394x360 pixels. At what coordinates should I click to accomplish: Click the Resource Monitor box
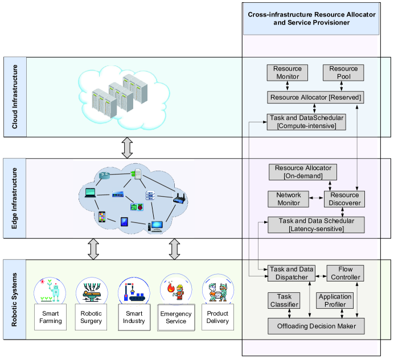coord(287,73)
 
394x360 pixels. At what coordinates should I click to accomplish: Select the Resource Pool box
coord(343,73)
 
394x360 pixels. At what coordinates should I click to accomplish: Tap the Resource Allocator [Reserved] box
coord(315,98)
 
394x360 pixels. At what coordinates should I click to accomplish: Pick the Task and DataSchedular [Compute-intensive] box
coord(306,122)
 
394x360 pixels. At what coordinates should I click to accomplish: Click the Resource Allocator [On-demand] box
coord(303,172)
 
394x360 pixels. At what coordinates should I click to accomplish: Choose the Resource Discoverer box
coord(343,199)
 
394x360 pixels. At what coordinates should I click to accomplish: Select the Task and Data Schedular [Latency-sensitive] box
coord(315,225)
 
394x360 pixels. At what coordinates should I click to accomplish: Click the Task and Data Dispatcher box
coord(292,273)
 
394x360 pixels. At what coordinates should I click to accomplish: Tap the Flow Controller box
coord(345,273)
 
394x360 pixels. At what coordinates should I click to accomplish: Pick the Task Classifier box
coord(284,301)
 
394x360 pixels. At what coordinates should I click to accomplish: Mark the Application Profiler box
coord(335,301)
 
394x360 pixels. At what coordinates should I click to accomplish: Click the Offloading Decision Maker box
coord(316,326)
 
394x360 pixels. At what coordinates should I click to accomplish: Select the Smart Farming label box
coord(51,317)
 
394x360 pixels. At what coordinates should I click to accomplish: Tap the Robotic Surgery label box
coord(92,317)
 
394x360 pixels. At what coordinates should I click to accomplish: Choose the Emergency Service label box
coord(176,317)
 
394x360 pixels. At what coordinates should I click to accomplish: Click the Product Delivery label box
coord(217,317)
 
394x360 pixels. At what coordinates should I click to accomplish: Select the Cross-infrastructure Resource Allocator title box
coord(314,18)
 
